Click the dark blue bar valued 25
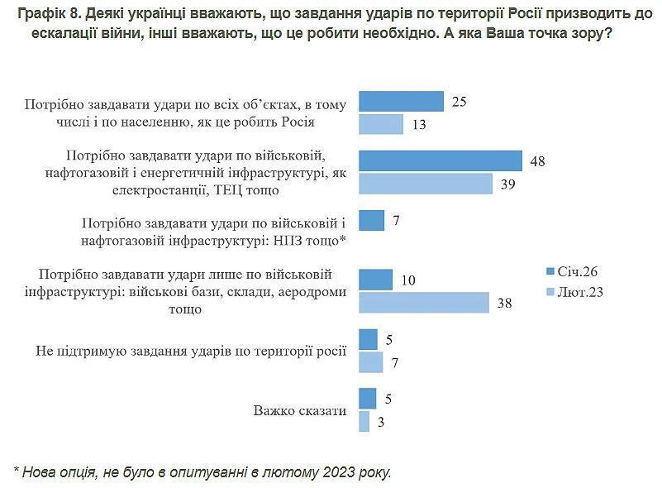[401, 102]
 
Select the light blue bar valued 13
[381, 124]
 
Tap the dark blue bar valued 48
[441, 160]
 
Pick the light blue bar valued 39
[426, 184]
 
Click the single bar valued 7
[372, 221]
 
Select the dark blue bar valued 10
[375, 280]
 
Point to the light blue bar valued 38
[424, 303]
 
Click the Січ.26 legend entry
[571, 271]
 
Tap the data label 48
[537, 160]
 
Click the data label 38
[504, 303]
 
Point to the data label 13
[418, 124]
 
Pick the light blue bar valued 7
[371, 362]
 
